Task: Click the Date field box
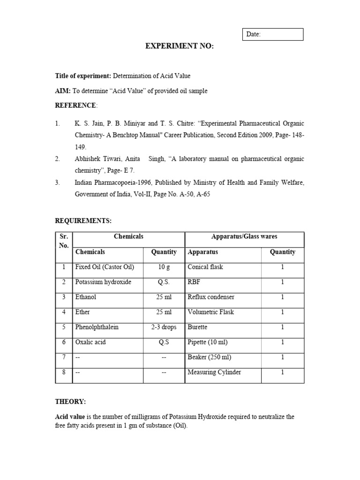[272, 34]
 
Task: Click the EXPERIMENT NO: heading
[180, 46]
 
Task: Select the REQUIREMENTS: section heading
[83, 220]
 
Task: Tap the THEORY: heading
[70, 402]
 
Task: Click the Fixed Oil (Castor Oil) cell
[105, 267]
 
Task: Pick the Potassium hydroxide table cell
[103, 282]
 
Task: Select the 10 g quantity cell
[164, 267]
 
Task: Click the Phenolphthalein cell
[97, 327]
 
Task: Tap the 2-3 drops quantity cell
[164, 327]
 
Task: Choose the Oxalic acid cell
[91, 342]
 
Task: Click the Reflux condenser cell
[211, 297]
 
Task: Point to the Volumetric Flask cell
[210, 312]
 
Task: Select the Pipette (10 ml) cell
[208, 342]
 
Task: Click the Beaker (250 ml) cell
[210, 357]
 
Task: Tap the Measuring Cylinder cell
[214, 372]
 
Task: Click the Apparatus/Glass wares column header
[244, 237]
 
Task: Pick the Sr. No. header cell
[64, 241]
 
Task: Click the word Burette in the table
[197, 327]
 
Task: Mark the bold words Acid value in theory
[70, 417]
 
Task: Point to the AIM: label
[63, 91]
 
